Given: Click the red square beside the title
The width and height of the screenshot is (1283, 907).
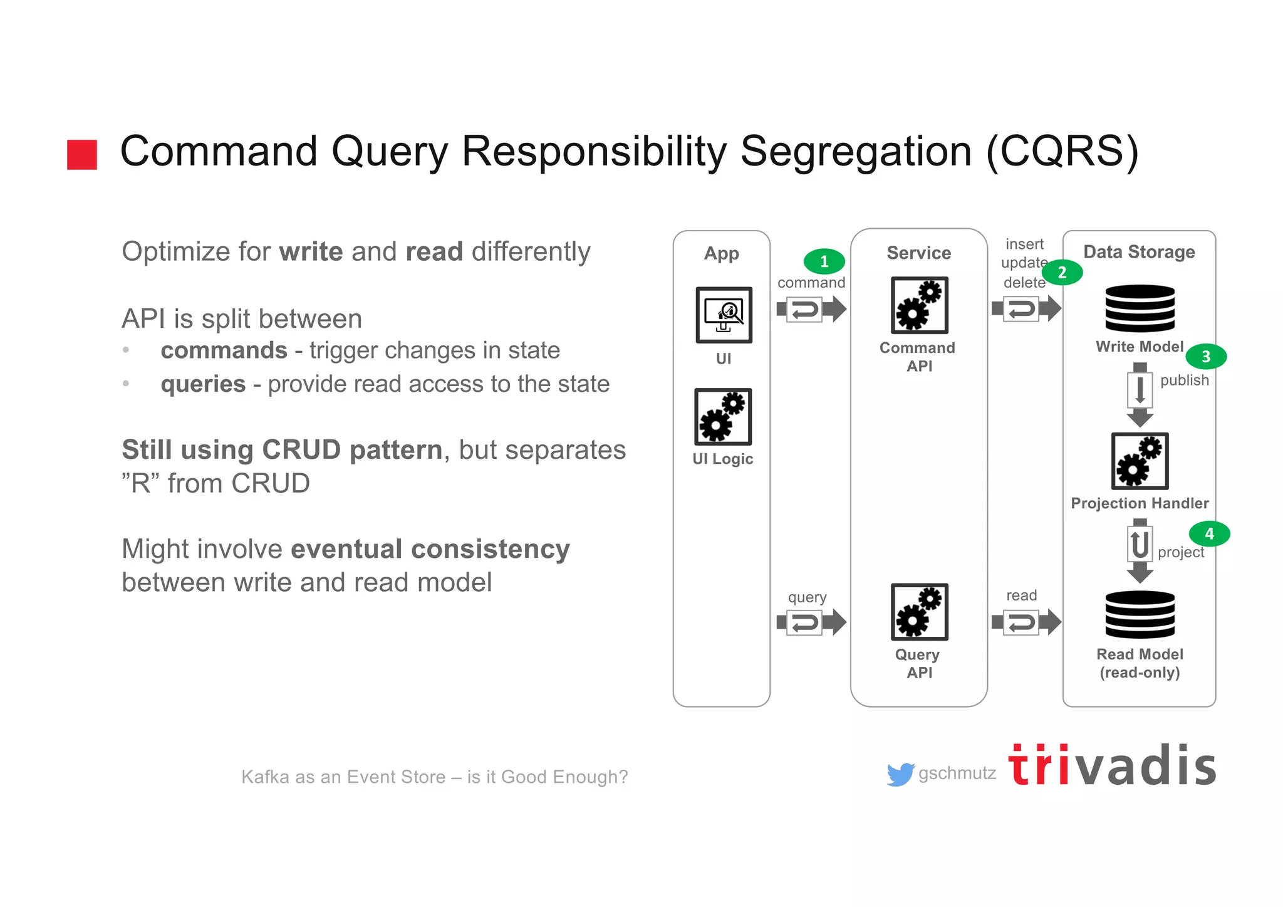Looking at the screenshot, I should point(82,154).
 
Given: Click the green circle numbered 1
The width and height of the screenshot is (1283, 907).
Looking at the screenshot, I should point(824,261).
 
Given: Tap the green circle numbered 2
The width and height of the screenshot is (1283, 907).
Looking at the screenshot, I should point(1062,273).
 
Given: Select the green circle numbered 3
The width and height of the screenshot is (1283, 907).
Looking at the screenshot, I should point(1206,357).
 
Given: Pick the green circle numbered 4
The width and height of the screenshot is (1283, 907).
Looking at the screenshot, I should point(1209,533).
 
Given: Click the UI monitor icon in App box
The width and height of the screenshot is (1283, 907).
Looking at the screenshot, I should point(724,315).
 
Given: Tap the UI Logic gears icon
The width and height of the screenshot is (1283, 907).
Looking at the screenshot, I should point(723,417).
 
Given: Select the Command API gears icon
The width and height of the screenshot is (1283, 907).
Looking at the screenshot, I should point(919,305).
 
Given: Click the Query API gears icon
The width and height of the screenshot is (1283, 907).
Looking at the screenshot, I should point(919,612).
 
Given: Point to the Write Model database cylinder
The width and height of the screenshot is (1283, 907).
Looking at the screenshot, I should point(1140,308).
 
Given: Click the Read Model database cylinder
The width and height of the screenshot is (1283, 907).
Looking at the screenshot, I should point(1140,614).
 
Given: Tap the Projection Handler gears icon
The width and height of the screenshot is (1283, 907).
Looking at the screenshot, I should point(1140,461).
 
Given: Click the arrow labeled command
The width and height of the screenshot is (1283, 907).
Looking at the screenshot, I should point(811,309).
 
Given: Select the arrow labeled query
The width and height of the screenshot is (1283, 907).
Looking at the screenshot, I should point(811,622).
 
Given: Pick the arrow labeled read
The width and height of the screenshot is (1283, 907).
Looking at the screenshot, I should point(1026,622).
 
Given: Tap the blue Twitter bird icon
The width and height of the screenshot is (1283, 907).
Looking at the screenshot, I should point(900,774).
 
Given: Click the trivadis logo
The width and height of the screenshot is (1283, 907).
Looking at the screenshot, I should point(1112,766).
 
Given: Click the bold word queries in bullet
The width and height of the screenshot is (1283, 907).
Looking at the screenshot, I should point(203,384).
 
